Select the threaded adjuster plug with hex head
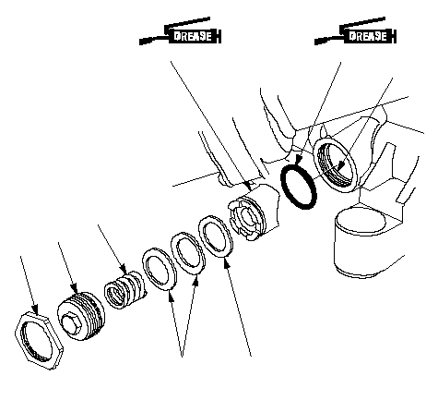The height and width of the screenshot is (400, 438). (x=81, y=316)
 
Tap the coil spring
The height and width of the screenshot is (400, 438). (x=124, y=290)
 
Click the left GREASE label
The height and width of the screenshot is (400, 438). (x=193, y=36)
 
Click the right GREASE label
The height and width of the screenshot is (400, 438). (x=368, y=36)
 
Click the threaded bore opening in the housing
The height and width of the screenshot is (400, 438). (x=335, y=166)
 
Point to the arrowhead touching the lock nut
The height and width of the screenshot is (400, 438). (x=35, y=309)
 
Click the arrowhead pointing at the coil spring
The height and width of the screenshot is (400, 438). (x=123, y=268)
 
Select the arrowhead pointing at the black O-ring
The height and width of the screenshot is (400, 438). (x=298, y=160)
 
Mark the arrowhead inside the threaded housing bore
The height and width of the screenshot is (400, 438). (x=340, y=166)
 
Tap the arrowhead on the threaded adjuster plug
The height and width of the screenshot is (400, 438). (x=74, y=288)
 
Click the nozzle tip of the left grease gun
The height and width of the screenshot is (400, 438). (x=141, y=42)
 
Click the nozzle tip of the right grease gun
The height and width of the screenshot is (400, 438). (x=316, y=42)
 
